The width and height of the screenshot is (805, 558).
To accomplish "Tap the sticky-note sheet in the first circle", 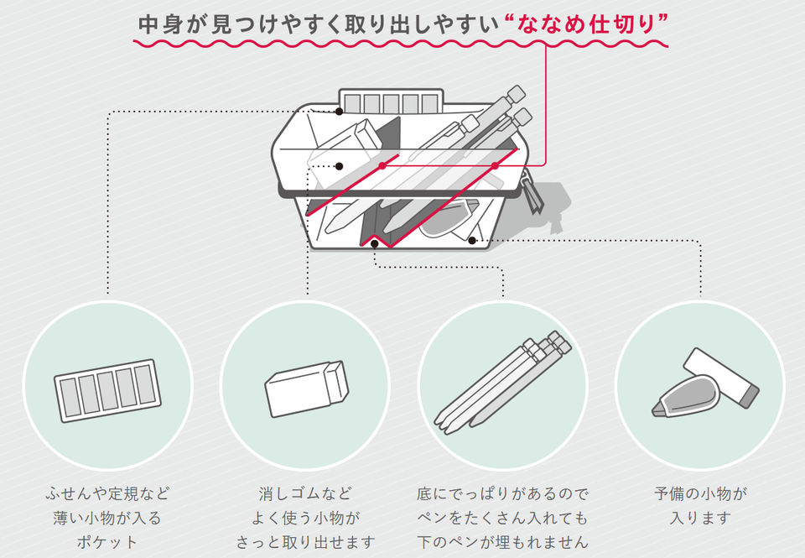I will click(107, 391).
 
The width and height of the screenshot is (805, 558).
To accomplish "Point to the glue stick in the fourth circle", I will click(723, 378).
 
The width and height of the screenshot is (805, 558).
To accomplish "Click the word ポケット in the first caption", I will click(107, 542).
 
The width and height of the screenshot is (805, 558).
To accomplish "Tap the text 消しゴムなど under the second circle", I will click(305, 493).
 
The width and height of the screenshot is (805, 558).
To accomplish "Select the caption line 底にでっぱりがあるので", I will click(502, 493).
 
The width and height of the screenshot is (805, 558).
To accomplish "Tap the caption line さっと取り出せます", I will click(305, 542).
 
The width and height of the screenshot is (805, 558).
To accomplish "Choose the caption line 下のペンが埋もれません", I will click(502, 542).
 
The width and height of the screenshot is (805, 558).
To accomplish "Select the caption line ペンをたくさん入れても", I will click(502, 518).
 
